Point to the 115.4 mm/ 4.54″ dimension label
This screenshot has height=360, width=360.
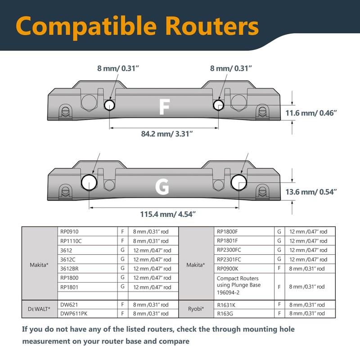click(165, 214)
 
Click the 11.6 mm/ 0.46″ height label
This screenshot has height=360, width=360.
click(311, 113)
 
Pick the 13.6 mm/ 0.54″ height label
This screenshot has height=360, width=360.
click(311, 192)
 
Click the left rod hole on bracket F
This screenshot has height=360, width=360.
click(109, 105)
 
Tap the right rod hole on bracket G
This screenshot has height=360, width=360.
click(238, 181)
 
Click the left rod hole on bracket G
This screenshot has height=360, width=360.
click(89, 181)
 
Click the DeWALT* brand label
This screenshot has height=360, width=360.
click(36, 309)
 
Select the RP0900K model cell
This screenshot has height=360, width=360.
click(228, 268)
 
